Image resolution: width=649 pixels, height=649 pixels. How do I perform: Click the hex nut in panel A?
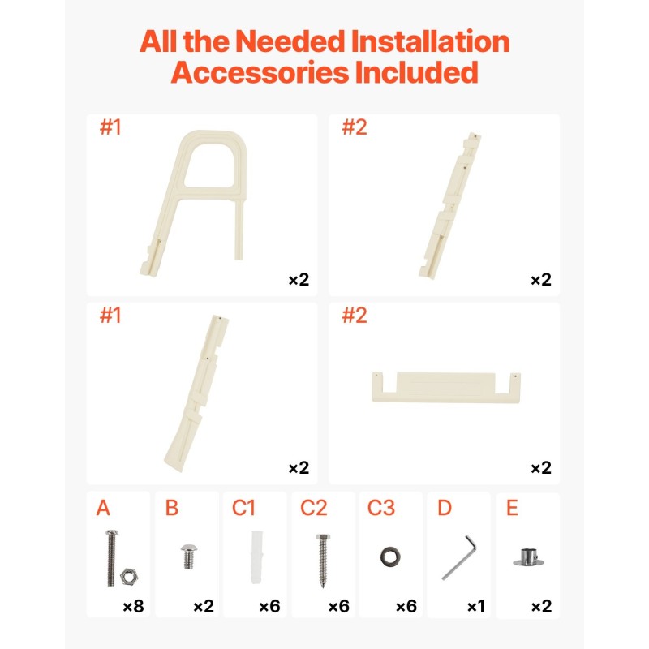pos(129,577)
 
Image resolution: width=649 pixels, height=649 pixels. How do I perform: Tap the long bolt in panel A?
pos(112,557)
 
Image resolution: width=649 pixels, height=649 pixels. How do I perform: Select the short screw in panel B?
pos(189,557)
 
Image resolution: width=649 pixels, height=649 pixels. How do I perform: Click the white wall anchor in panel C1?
pos(256,557)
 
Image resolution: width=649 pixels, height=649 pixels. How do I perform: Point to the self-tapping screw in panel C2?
pos(323,561)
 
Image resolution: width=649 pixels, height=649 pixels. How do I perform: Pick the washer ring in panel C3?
pos(390,557)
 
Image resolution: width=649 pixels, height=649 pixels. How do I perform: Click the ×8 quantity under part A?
pos(133,606)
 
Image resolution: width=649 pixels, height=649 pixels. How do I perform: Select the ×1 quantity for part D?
pos(476,606)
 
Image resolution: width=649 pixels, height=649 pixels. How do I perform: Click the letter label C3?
pos(380,508)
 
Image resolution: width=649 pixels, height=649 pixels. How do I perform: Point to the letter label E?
pos(512,508)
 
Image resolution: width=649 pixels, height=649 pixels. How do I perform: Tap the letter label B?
pos(171,508)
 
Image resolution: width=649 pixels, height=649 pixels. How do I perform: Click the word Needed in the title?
pos(290,41)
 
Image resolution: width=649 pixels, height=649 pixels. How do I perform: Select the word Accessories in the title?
pos(260,72)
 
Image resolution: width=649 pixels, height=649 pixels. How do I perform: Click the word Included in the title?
pos(416,72)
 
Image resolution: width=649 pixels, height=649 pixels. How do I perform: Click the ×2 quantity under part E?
pos(541,606)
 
